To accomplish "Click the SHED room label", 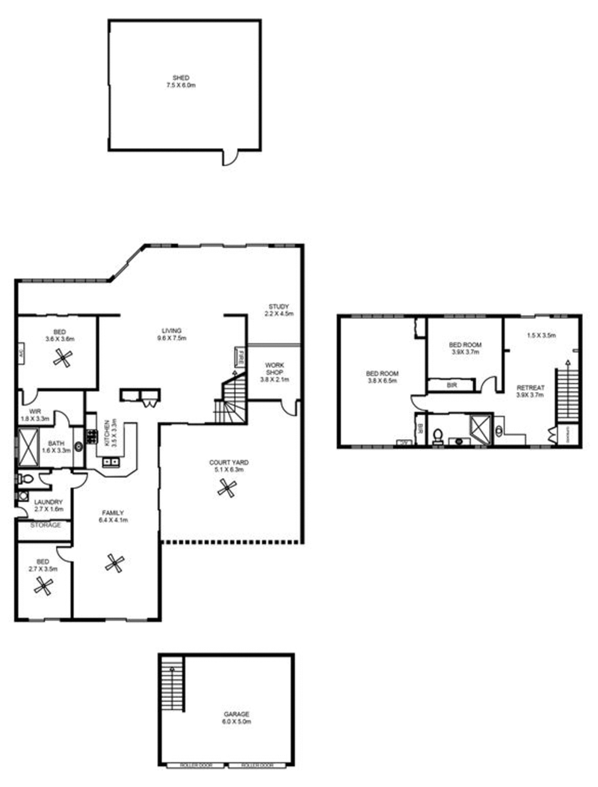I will point(180,78).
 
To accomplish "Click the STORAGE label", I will point(45,525).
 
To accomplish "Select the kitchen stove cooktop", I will point(92,435).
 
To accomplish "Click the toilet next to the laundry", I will point(25,479).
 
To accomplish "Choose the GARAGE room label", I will point(236,714).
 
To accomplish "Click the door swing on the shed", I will point(231,158).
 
